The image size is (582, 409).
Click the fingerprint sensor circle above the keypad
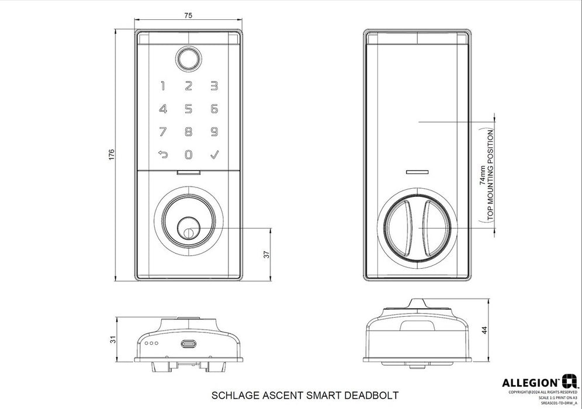pos(188,59)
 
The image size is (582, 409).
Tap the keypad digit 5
pos(188,109)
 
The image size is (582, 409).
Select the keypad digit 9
pos(214,131)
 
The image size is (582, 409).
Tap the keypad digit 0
pos(188,155)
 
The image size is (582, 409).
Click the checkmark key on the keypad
pos(214,155)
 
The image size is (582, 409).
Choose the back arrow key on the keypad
pos(162,155)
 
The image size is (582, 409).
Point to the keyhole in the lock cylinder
pos(188,232)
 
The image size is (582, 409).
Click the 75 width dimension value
pos(188,16)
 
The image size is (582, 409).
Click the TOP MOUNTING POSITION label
pos(490,175)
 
